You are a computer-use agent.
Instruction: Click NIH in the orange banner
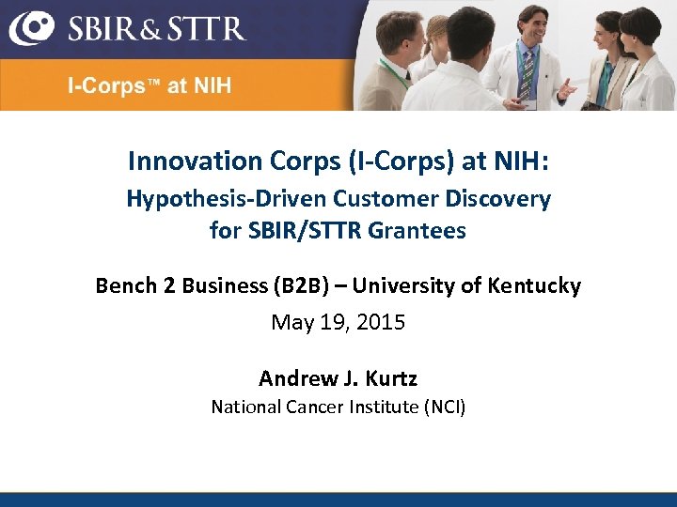pos(213,86)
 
